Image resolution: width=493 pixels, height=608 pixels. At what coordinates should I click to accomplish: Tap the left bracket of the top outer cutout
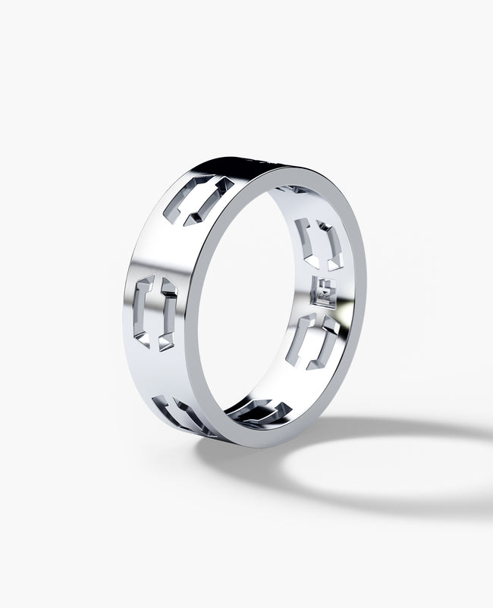(x=181, y=199)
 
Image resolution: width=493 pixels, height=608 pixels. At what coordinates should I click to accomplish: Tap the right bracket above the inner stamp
(x=331, y=244)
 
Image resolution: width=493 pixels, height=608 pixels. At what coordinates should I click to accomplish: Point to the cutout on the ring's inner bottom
(x=259, y=411)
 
